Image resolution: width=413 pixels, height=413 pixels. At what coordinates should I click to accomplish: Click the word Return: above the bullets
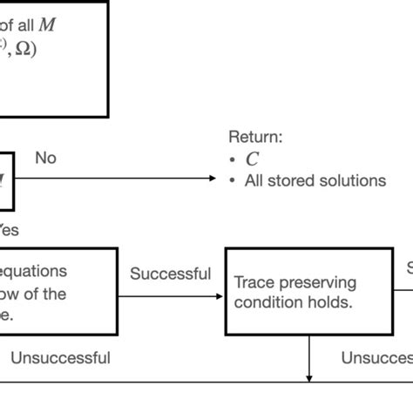(255, 137)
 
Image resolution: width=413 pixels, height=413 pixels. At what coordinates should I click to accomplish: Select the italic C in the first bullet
(252, 159)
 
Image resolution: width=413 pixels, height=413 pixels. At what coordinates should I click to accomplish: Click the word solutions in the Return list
(352, 180)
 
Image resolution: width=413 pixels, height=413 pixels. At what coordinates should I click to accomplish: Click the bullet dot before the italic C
(233, 159)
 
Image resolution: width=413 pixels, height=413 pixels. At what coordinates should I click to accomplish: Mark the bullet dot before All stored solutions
(233, 181)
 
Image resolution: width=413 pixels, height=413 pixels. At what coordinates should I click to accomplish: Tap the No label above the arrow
(45, 158)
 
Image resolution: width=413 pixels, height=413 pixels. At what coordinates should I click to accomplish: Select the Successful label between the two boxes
(170, 274)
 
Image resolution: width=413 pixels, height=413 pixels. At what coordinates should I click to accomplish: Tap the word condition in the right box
(267, 303)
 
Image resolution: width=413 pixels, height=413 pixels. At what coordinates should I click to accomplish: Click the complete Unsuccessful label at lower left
(60, 357)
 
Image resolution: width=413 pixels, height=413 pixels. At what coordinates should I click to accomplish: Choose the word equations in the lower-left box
(35, 271)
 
